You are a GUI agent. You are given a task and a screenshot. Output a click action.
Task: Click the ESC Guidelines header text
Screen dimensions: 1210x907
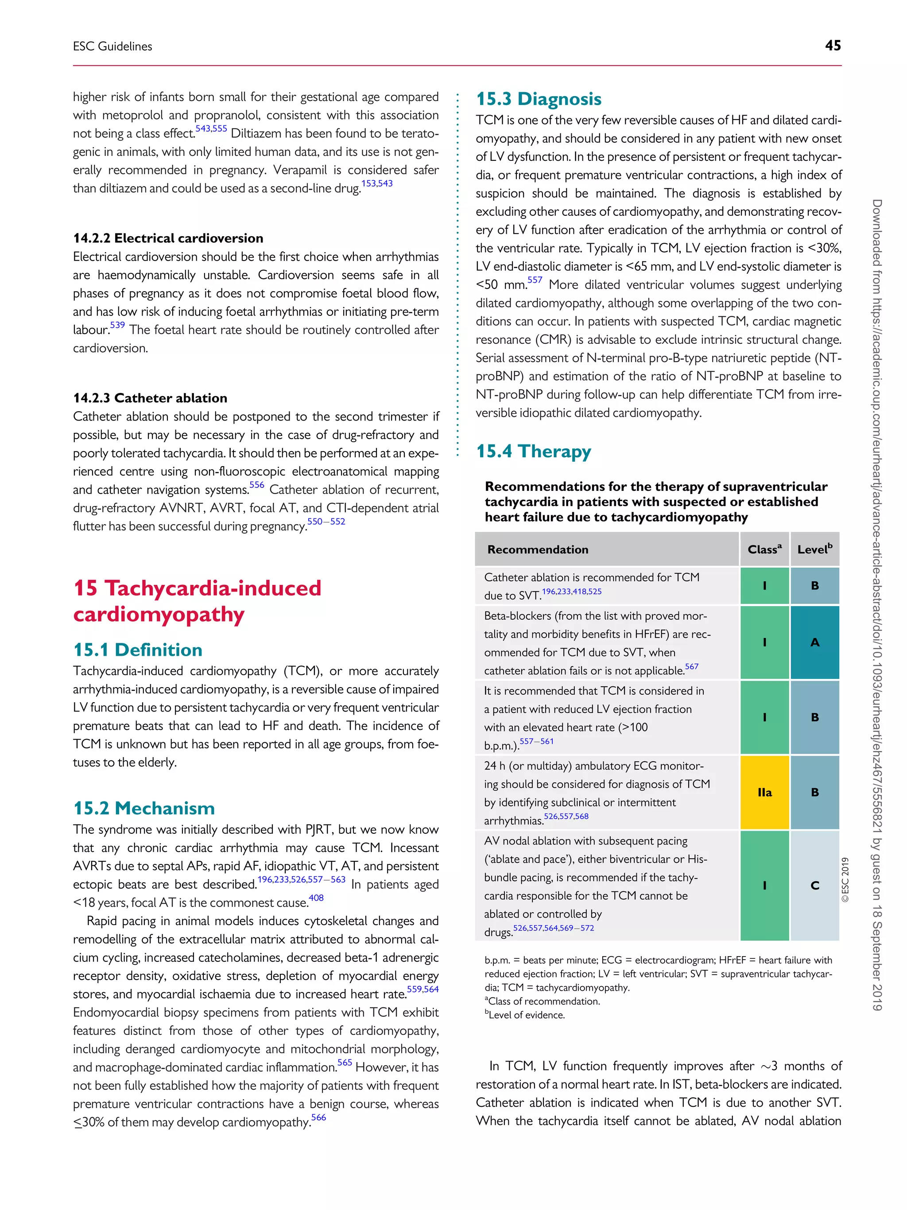click(x=112, y=47)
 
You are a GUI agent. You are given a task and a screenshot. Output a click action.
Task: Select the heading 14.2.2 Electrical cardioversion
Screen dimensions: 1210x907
click(x=168, y=238)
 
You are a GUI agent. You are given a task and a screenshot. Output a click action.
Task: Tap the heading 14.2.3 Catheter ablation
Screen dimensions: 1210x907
click(x=150, y=398)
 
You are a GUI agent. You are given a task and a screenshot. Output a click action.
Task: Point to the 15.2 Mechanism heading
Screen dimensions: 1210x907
click(x=144, y=808)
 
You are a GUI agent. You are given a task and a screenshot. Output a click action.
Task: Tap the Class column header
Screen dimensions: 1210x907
click(x=764, y=549)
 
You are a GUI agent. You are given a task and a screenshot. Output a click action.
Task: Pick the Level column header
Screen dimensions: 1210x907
click(x=814, y=549)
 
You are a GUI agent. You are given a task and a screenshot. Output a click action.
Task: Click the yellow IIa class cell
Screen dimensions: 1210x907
click(x=764, y=792)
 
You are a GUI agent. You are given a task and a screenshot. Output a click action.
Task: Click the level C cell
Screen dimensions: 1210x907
click(x=814, y=885)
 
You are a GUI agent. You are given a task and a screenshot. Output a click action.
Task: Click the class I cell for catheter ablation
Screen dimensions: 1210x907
click(x=764, y=585)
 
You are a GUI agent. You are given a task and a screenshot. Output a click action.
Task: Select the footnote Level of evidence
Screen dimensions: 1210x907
click(x=526, y=1015)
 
